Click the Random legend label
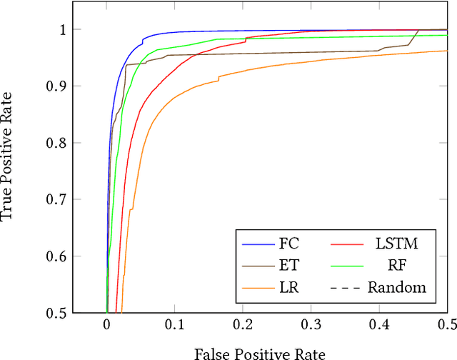[x=397, y=288]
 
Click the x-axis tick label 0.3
[x=311, y=325]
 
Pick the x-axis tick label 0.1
[x=175, y=325]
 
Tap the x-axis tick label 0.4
[x=378, y=325]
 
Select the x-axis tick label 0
[x=107, y=325]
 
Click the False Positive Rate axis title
[x=260, y=353]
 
